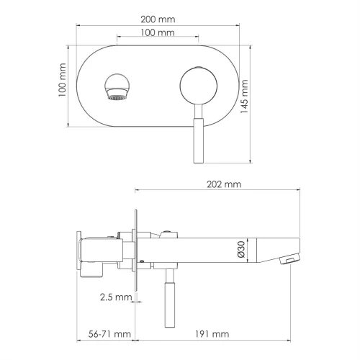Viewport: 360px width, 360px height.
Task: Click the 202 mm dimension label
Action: tap(223, 184)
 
